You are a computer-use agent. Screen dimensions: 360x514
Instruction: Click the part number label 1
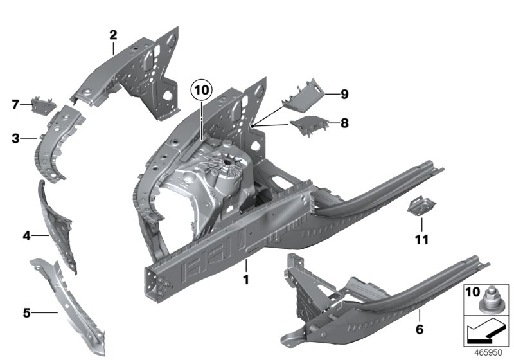click(245, 280)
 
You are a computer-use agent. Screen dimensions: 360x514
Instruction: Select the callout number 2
click(113, 34)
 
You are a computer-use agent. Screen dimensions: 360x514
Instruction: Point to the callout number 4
click(27, 236)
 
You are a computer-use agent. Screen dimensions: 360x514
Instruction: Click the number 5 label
click(27, 313)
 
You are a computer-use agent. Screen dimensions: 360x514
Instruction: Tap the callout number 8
click(344, 122)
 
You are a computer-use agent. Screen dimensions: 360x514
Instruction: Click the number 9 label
click(344, 94)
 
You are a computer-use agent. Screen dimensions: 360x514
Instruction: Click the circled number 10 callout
click(200, 91)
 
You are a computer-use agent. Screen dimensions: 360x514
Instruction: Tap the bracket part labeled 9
click(306, 91)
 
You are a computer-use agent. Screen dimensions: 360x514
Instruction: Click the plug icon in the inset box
click(493, 299)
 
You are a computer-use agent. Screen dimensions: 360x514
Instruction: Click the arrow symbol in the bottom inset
click(485, 332)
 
